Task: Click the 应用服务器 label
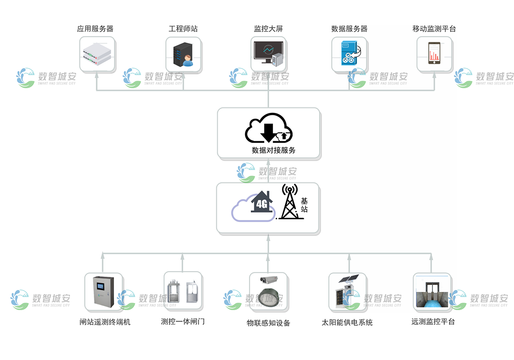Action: pos(95,29)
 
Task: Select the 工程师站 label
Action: pos(183,29)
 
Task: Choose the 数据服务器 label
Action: pos(349,29)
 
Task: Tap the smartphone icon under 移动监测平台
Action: pos(434,53)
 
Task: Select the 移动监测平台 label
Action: pos(434,29)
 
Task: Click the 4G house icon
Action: pos(262,203)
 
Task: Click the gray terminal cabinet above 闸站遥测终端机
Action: pos(103,292)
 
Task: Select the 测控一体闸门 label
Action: pos(183,321)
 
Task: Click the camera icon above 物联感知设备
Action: pos(269,280)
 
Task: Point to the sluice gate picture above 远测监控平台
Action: pos(432,292)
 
